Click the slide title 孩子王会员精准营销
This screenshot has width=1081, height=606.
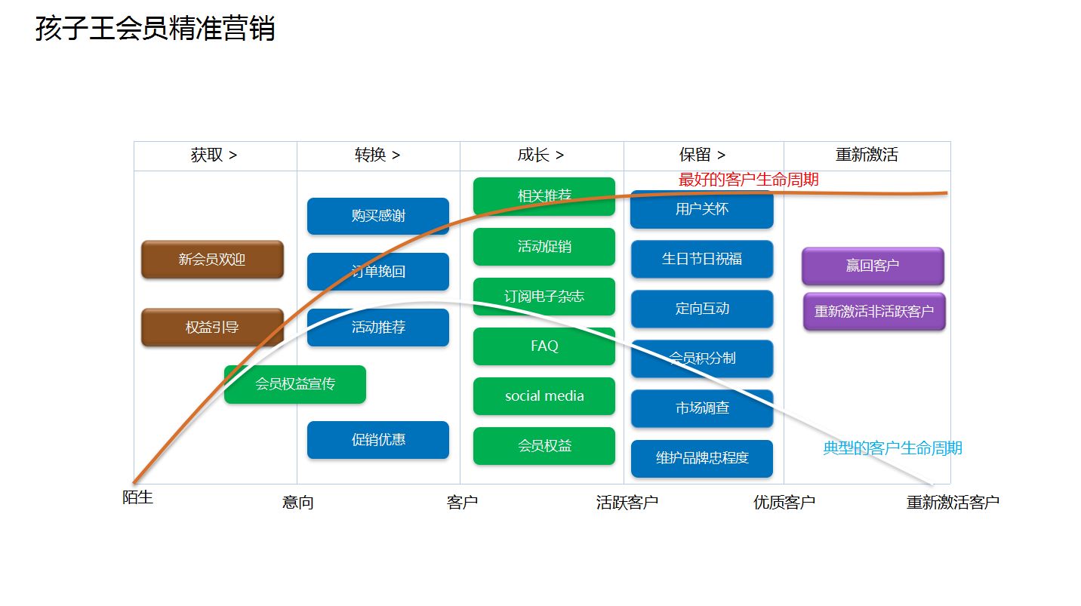coord(155,29)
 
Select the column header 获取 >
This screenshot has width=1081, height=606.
coord(214,155)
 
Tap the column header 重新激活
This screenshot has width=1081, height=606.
coord(867,155)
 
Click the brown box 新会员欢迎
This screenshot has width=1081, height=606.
coord(212,260)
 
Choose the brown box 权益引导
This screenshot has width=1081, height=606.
coord(212,328)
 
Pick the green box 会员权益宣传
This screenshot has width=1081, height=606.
coord(295,384)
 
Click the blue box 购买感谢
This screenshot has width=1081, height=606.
coord(378,216)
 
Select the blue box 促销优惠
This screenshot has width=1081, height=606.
coord(378,440)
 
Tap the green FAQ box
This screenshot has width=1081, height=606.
coord(544,346)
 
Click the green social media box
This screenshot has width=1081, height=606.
coord(544,396)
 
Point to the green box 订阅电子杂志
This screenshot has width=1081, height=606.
coord(544,297)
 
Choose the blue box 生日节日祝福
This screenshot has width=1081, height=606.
coord(702,259)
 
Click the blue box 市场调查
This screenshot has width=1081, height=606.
coord(702,408)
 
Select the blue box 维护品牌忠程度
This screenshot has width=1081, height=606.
coord(702,458)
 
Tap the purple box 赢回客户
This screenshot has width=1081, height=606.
coord(873,266)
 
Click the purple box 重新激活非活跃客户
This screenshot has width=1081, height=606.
coord(874,311)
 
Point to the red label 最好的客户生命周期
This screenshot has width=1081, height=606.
coord(748,180)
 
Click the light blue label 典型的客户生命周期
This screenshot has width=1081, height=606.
coord(892,448)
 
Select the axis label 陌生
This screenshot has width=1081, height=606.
coord(138,498)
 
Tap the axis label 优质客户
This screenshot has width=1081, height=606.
coord(784,503)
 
